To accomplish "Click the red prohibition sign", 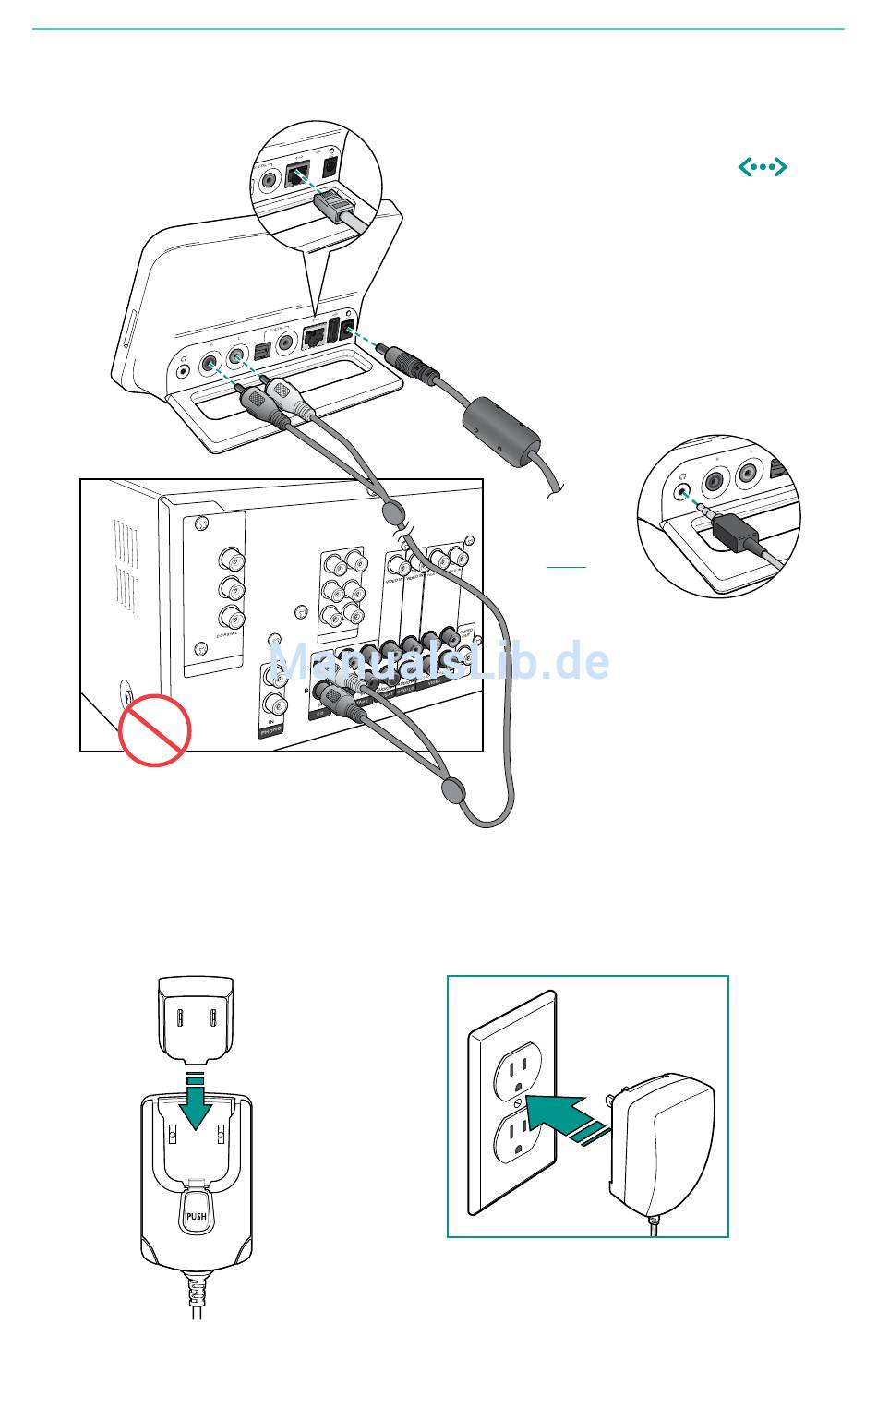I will (x=154, y=729).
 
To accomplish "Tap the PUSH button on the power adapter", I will (x=196, y=1216).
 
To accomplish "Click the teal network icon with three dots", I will (x=762, y=167).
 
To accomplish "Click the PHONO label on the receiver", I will (x=270, y=729).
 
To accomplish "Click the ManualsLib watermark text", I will (x=438, y=661).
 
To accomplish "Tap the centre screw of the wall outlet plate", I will (x=517, y=1101).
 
